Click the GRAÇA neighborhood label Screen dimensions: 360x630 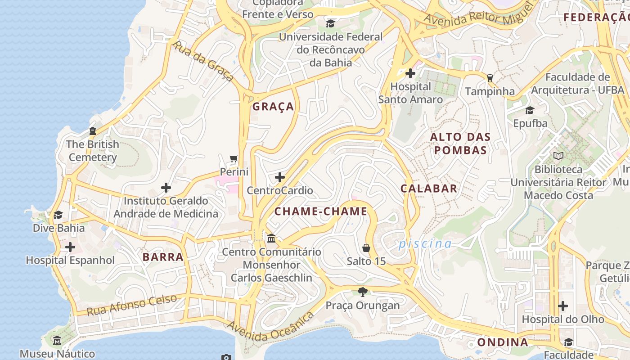[x=273, y=107]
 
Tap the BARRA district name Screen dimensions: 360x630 [x=163, y=257]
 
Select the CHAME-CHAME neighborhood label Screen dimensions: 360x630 [x=321, y=211]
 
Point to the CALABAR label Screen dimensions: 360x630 [x=429, y=189]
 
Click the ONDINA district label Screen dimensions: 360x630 [x=503, y=342]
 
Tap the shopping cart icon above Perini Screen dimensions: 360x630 [x=234, y=159]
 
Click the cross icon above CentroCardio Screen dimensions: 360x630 [x=280, y=177]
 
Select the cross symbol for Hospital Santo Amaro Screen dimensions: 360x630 [x=410, y=73]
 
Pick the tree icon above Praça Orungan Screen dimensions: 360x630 [x=363, y=292]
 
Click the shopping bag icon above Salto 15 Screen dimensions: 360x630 [x=366, y=248]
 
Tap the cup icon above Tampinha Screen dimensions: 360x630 [x=490, y=78]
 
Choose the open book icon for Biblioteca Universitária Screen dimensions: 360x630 [x=558, y=156]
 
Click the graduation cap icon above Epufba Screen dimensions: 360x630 [x=530, y=110]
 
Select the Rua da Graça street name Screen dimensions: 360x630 [x=204, y=62]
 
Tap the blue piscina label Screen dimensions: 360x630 [x=425, y=244]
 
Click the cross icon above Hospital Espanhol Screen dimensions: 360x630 [x=70, y=247]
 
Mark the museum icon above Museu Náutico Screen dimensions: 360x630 [x=57, y=341]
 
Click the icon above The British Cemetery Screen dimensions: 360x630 [x=93, y=131]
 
